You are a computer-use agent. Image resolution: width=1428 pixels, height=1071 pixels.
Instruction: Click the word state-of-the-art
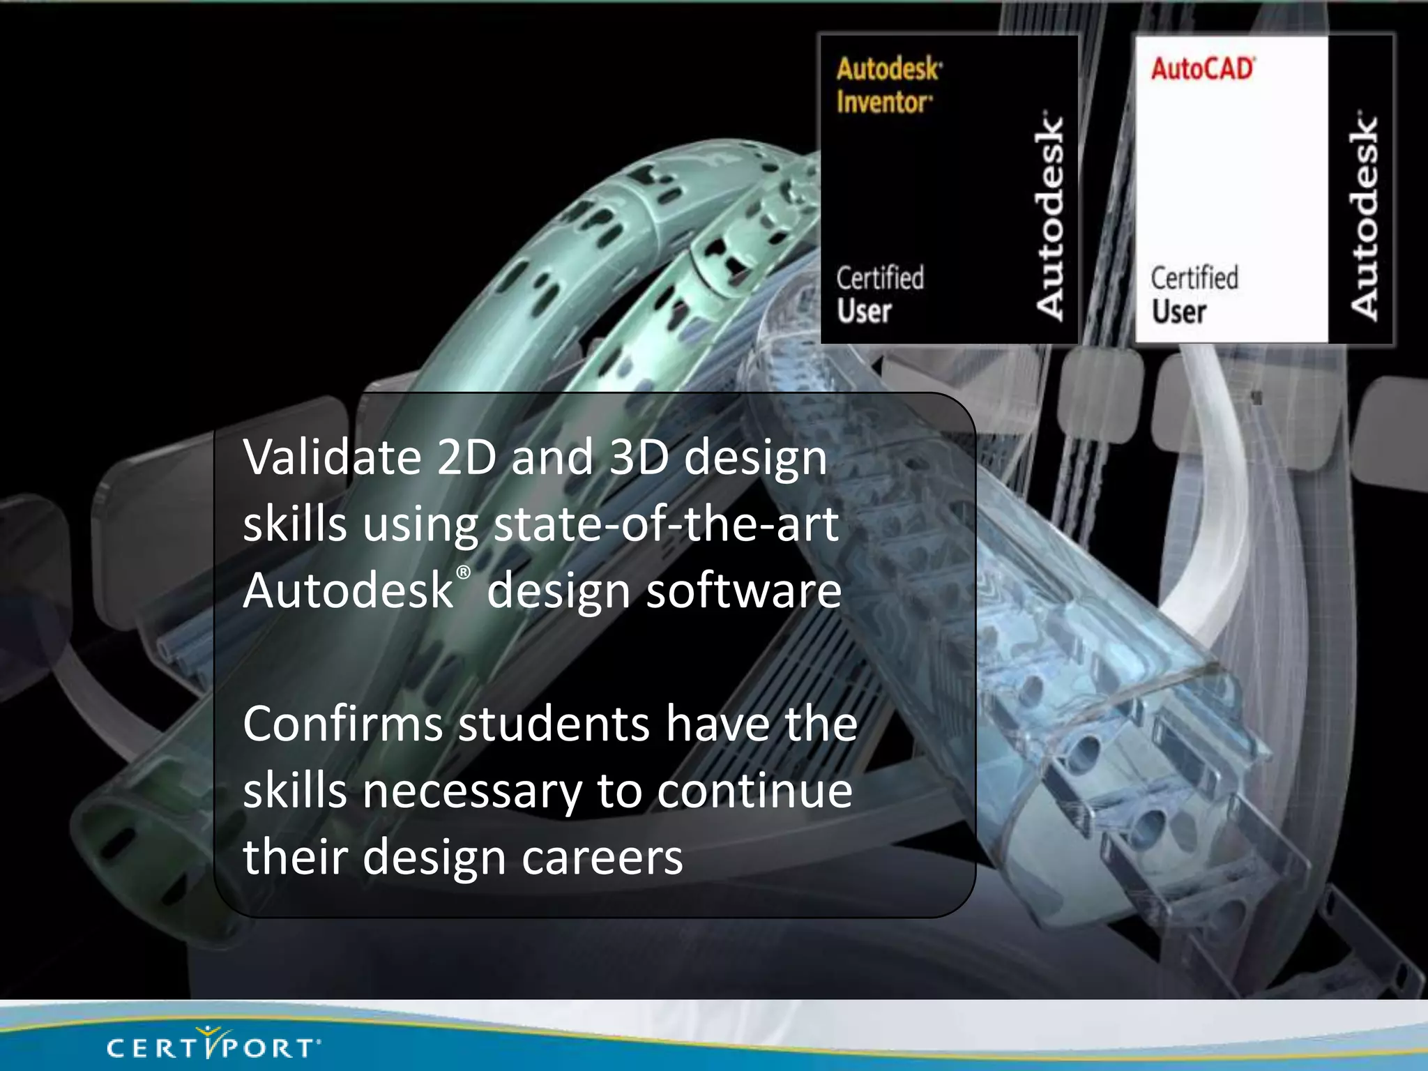(666, 524)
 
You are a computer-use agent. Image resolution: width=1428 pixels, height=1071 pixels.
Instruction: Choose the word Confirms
(342, 724)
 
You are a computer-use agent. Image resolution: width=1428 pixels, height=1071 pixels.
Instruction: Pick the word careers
(602, 858)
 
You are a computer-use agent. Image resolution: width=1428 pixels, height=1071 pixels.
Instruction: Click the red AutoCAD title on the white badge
(1202, 69)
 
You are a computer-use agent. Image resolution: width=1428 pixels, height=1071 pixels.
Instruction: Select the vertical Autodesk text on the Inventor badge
(1049, 216)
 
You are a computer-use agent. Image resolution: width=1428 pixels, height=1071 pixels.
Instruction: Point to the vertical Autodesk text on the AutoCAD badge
(1364, 216)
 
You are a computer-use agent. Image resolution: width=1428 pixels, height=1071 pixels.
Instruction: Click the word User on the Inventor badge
(865, 311)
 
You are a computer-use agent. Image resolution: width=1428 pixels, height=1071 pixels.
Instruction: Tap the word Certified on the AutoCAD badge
(1194, 278)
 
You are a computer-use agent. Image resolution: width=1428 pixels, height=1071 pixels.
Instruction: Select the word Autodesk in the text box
(348, 591)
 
